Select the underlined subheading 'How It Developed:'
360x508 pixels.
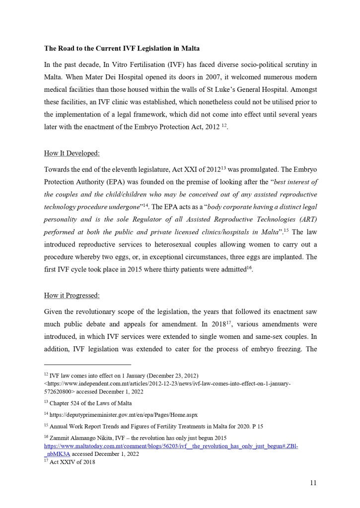coord(72,153)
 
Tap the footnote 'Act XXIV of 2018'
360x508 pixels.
coord(72,462)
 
